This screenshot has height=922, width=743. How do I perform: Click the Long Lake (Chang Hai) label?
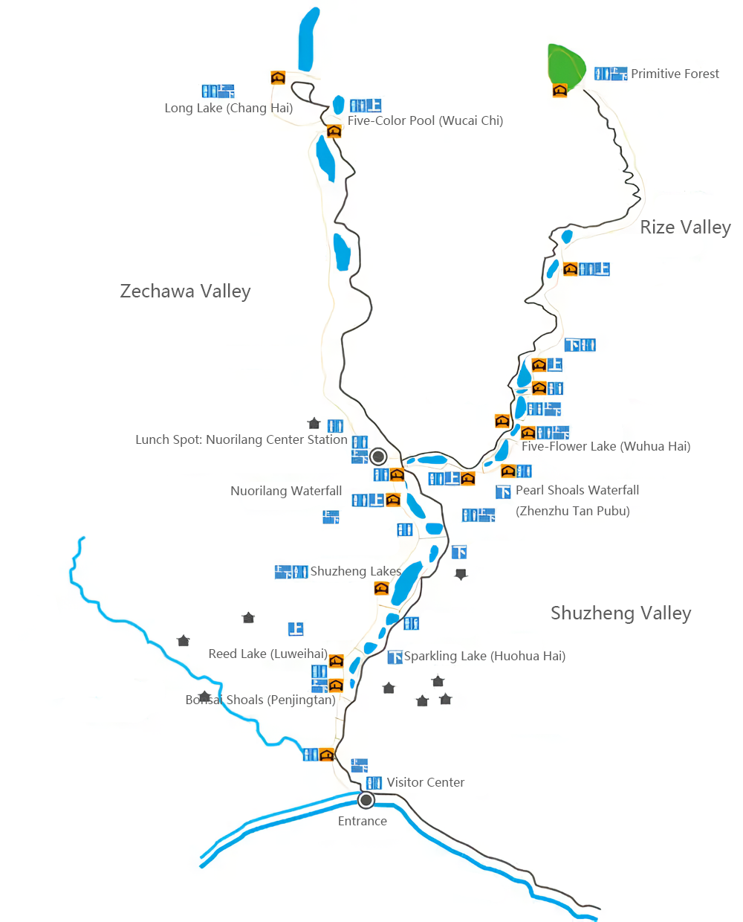tap(228, 109)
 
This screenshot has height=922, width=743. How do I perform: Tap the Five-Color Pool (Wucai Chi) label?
tap(425, 121)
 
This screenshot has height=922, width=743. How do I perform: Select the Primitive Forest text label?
tap(675, 74)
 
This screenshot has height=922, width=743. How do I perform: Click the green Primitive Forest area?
tap(566, 65)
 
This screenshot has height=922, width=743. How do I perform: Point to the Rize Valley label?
tap(685, 228)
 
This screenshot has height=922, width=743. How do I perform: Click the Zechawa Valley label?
tap(185, 291)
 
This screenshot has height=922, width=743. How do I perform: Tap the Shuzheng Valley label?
tap(620, 613)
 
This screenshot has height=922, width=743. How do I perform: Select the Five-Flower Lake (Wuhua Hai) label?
tap(606, 447)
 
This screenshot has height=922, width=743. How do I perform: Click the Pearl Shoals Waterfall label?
tap(577, 491)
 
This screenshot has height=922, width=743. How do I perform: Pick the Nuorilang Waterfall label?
tap(286, 491)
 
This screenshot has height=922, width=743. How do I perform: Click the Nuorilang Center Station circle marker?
tap(378, 456)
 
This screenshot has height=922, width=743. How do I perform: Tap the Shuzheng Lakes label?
tap(355, 572)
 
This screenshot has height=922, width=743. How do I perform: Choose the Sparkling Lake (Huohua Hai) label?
tap(484, 657)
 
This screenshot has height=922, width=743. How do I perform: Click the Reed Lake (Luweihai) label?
tap(267, 654)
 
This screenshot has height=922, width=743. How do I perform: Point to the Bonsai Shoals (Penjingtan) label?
tap(260, 700)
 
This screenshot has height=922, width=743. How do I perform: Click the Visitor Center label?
tap(425, 783)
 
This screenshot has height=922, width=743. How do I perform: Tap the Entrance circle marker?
tap(366, 800)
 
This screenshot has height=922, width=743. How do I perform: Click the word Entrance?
tap(362, 822)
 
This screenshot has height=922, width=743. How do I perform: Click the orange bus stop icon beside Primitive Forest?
tap(560, 90)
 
